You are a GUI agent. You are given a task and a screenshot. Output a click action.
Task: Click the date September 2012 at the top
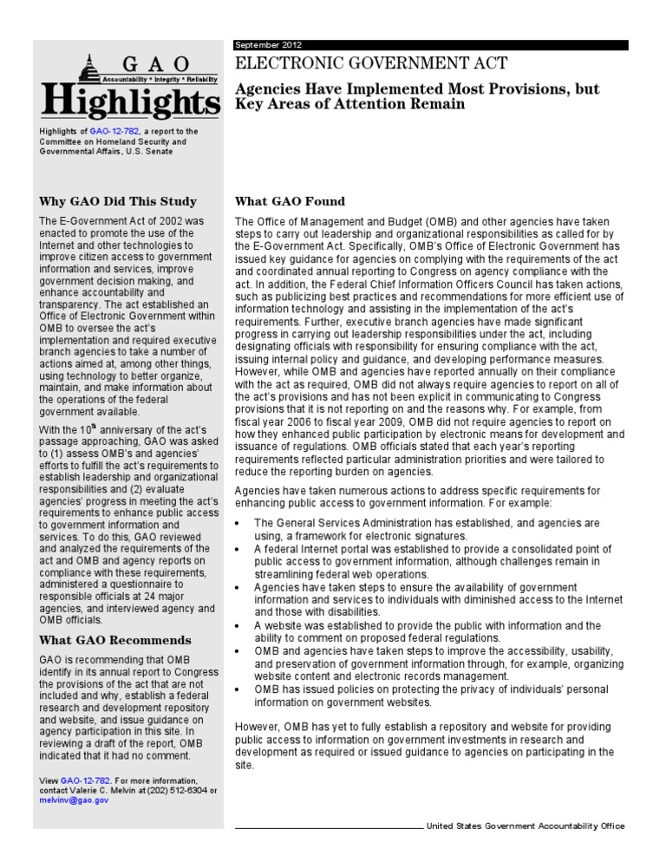tap(268, 45)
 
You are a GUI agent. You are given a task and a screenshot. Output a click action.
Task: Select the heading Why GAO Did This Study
tap(118, 202)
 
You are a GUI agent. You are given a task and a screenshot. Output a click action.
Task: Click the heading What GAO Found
tap(290, 202)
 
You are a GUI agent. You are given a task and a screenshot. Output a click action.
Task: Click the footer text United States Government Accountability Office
tap(525, 826)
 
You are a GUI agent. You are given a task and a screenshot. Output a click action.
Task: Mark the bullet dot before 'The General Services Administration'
tap(238, 525)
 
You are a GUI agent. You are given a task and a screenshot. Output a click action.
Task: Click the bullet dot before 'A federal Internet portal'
tap(238, 551)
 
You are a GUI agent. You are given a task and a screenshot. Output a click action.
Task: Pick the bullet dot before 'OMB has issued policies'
tap(238, 690)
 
